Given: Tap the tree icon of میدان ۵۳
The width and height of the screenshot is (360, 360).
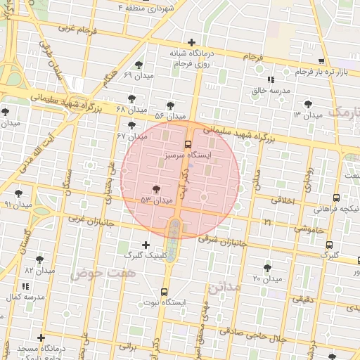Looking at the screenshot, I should [x=155, y=188].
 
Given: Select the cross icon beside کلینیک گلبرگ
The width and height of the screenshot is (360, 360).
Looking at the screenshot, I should [x=146, y=245].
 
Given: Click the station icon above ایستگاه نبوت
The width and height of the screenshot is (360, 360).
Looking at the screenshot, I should [x=164, y=292].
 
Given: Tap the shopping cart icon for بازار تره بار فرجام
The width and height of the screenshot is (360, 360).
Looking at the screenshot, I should [x=321, y=61].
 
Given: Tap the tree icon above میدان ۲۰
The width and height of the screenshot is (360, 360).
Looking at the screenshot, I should [x=267, y=267].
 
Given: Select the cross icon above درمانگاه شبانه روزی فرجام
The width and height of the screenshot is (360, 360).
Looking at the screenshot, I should [x=191, y=42].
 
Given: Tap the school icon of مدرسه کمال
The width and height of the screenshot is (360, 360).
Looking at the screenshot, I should [x=26, y=286].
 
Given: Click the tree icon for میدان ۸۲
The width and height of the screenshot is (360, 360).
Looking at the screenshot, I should [x=39, y=259].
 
